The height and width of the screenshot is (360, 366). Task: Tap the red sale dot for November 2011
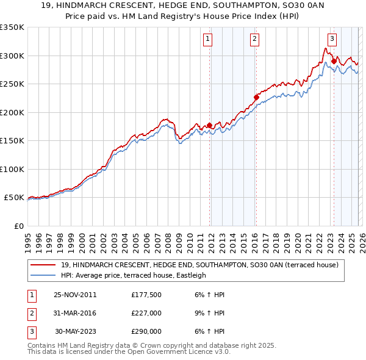209,125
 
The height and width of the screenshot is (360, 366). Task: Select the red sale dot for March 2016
256,97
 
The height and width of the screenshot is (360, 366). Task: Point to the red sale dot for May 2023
334,61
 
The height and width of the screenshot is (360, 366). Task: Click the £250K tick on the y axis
12,84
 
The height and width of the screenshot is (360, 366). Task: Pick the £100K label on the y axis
12,169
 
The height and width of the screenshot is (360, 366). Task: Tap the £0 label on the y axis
18,226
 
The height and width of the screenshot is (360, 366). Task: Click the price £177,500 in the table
146,295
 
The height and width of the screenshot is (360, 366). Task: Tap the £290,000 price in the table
146,331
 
